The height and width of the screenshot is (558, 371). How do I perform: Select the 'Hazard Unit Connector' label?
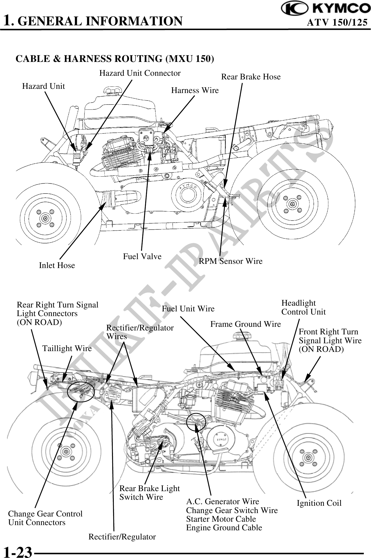pos(140,73)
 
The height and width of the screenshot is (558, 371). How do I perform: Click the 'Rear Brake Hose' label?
pos(251,77)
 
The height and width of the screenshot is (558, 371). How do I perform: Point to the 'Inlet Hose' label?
pos(57,265)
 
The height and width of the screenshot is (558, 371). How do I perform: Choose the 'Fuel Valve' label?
pos(142,257)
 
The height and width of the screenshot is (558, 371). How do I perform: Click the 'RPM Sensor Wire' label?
pos(231,261)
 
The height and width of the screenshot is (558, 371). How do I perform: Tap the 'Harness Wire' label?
pos(195,90)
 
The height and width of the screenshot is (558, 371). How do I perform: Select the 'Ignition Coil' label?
pos(319,503)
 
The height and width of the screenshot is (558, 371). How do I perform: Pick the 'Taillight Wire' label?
pos(67,348)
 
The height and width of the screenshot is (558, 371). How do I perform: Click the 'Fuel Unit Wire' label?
pos(188,309)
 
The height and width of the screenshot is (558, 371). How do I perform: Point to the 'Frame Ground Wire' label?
pos(245,324)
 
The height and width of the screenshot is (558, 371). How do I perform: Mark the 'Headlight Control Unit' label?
pos(303,307)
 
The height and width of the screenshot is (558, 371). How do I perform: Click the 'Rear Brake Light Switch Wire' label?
pos(149,493)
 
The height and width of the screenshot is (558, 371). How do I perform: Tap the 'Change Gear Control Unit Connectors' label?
pos(45,518)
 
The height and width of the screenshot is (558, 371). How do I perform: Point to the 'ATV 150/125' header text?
pos(337,23)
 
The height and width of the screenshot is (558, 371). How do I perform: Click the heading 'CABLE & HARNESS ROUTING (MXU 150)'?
pos(115,59)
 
